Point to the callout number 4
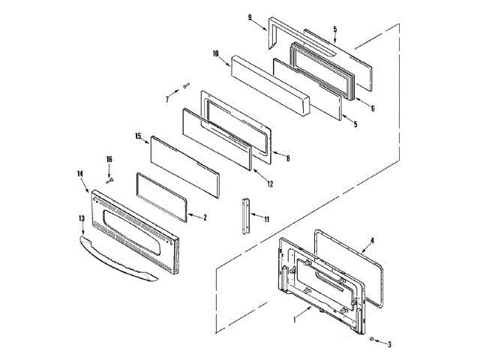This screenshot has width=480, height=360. pos(373,240)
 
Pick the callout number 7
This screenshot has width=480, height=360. pos(167,98)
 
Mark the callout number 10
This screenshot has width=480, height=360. pos(214,54)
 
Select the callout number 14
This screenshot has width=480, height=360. pos(79,174)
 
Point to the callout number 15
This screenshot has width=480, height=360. pos(138,136)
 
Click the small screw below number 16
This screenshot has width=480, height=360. pos(109,180)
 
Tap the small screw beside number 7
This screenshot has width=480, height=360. pos(184,87)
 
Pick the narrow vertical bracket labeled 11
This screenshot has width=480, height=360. pos(244,217)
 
